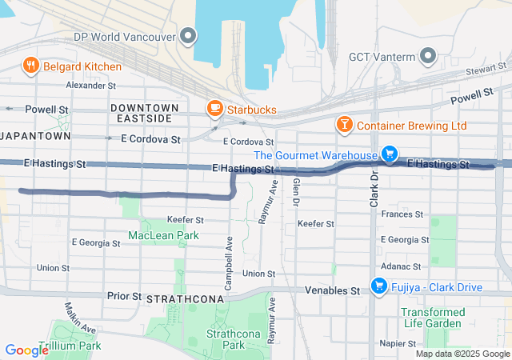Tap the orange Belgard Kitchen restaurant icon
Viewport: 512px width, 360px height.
click(32, 66)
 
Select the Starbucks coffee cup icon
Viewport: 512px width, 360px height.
click(214, 108)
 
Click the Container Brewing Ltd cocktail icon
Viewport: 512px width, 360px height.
click(344, 126)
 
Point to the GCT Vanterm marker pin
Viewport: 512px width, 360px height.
click(428, 56)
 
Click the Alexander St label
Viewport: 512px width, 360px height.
click(91, 85)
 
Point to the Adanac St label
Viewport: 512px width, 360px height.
click(400, 266)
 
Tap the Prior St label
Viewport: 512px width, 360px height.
click(123, 295)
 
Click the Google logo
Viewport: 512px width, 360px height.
click(27, 350)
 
